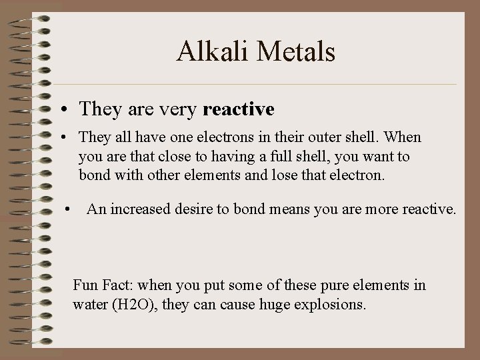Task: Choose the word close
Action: coord(182,157)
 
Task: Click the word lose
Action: coord(293,176)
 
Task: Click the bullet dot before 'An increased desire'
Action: coord(68,210)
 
